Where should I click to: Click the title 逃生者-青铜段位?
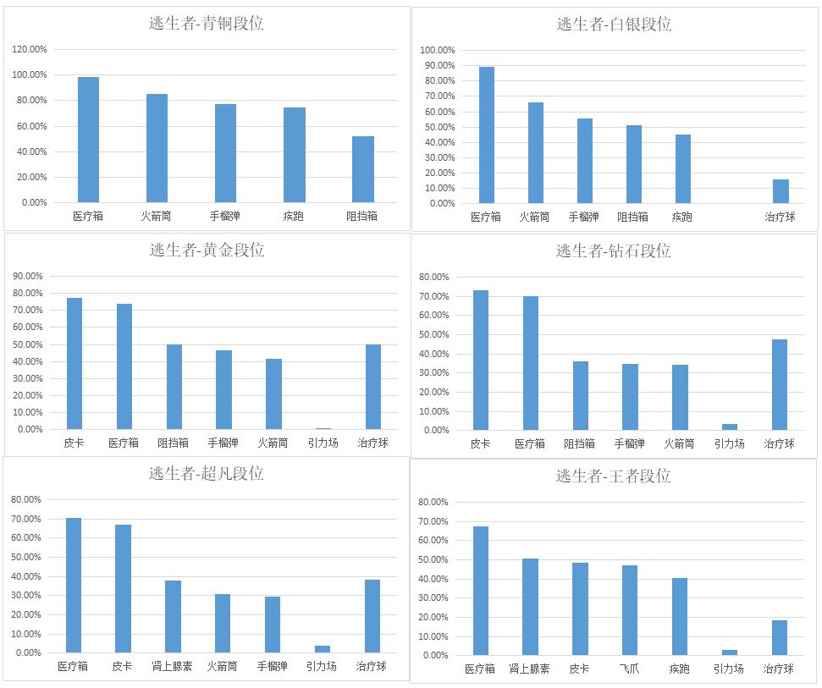tap(206, 24)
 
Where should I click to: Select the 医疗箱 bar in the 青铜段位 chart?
tap(88, 140)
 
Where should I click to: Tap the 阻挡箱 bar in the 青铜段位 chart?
tap(363, 169)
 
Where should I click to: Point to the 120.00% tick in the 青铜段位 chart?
tap(30, 49)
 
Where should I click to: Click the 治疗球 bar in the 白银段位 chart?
tap(781, 191)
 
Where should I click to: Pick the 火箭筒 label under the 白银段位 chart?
tap(535, 217)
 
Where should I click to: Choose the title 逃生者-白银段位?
tap(614, 25)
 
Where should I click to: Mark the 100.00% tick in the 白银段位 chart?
tap(438, 50)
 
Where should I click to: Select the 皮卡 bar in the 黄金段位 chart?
tap(74, 364)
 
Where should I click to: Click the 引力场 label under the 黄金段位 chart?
tap(323, 443)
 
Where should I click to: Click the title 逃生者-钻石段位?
tap(613, 250)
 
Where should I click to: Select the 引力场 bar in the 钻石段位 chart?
tap(730, 427)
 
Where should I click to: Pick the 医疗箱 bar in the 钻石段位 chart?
tap(531, 363)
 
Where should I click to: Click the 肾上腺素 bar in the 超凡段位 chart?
tap(174, 616)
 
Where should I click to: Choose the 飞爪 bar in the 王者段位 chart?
tap(630, 610)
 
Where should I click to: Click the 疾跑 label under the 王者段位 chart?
tap(679, 669)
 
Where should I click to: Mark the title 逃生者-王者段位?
tap(613, 476)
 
